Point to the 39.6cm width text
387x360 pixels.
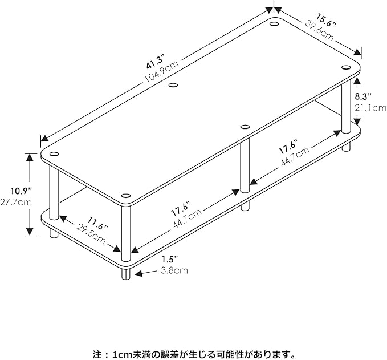[319, 31]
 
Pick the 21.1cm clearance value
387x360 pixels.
[370, 108]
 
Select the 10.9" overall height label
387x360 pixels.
[21, 191]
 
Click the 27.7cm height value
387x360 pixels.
[16, 202]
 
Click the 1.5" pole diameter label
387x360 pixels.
[170, 259]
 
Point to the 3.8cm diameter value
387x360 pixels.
[174, 270]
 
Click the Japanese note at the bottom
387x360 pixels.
[194, 348]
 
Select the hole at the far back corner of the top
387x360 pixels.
[274, 24]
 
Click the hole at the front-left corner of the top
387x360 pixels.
[54, 154]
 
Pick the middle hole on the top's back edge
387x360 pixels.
[173, 85]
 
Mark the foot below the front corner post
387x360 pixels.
[126, 274]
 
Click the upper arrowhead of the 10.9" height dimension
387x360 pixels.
[30, 157]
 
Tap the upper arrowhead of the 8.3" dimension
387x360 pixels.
[356, 80]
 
